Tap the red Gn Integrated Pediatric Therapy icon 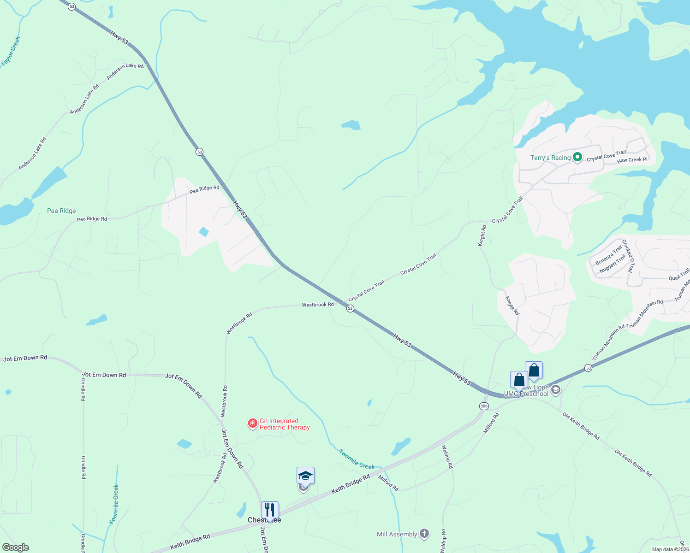pyautogui.click(x=252, y=424)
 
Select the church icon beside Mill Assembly pyautogui.click(x=424, y=534)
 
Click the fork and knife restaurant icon pyautogui.click(x=270, y=510)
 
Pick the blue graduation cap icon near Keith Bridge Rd pyautogui.click(x=305, y=476)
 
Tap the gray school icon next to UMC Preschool pyautogui.click(x=556, y=390)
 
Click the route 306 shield pyautogui.click(x=484, y=406)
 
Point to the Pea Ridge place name pyautogui.click(x=61, y=211)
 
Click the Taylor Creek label pyautogui.click(x=11, y=51)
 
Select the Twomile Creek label pyautogui.click(x=357, y=459)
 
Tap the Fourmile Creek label pyautogui.click(x=114, y=504)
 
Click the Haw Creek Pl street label pyautogui.click(x=632, y=160)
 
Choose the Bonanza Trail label pyautogui.click(x=608, y=255)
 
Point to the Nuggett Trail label pyautogui.click(x=612, y=264)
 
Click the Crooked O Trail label pyautogui.click(x=628, y=256)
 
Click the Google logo pyautogui.click(x=16, y=547)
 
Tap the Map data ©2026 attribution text pyautogui.click(x=670, y=549)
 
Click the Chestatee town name pyautogui.click(x=264, y=520)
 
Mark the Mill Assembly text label pyautogui.click(x=397, y=534)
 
